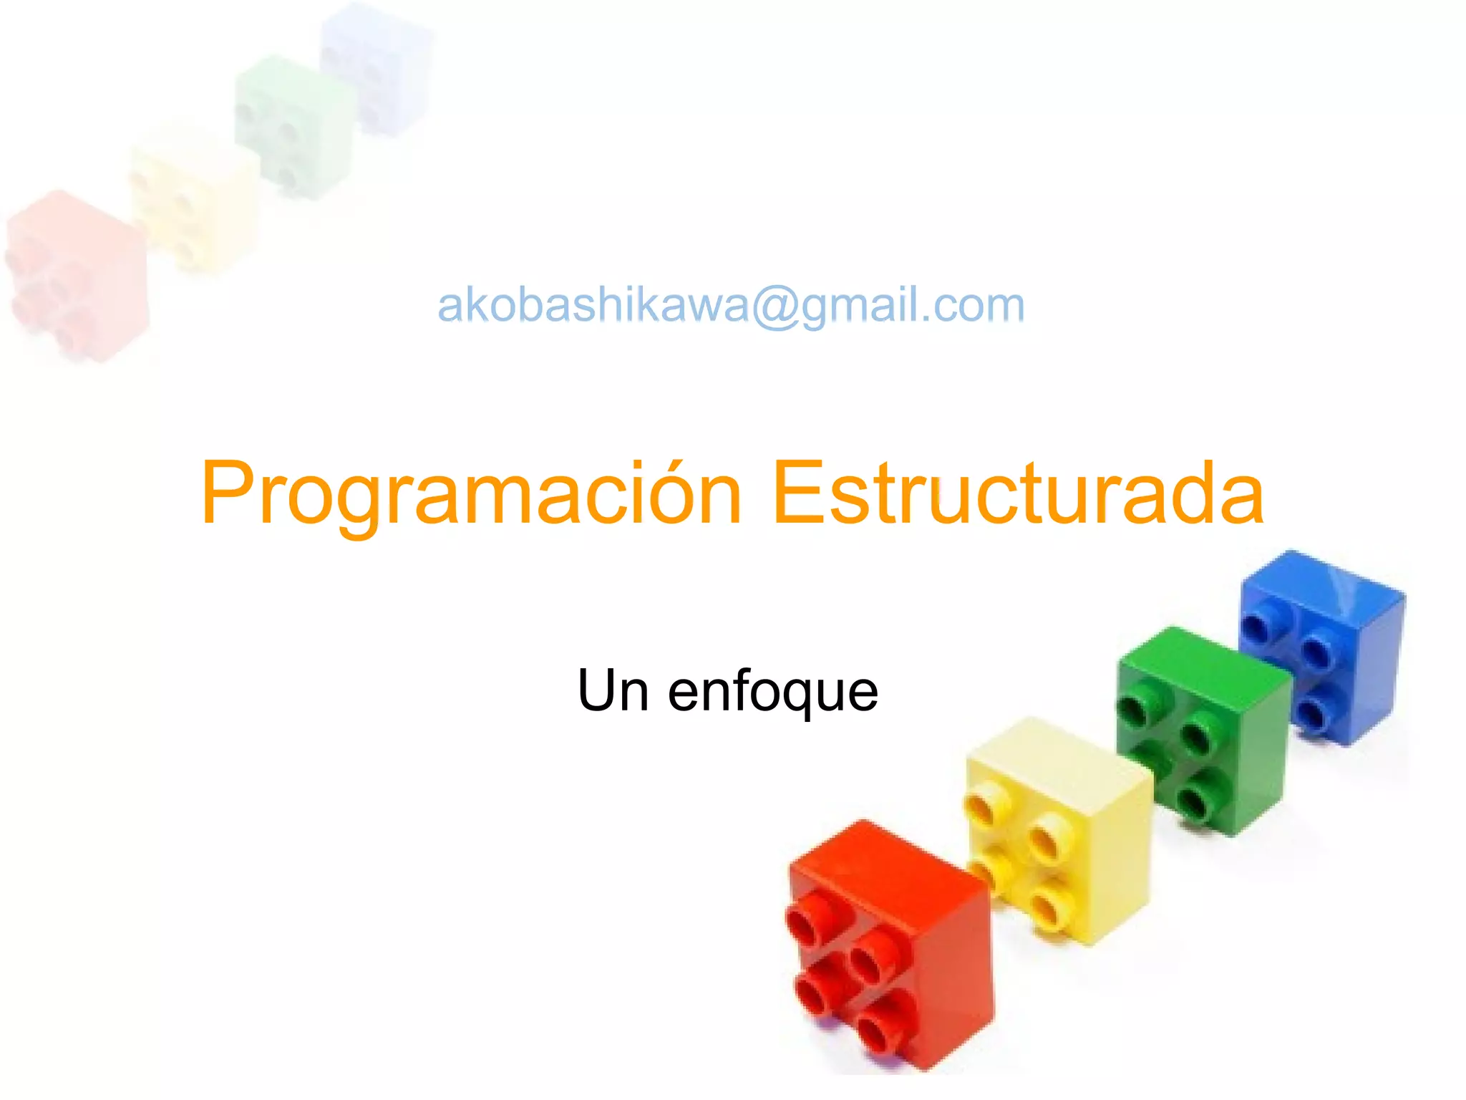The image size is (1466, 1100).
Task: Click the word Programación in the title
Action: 471,494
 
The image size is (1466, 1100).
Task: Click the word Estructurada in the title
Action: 1018,494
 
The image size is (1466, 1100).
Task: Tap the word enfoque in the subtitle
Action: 772,692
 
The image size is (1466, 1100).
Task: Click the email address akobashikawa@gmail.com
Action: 731,305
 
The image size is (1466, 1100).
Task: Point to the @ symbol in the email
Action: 775,307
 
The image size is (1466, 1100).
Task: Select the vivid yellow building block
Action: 1057,831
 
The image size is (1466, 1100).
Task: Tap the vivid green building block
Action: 1203,730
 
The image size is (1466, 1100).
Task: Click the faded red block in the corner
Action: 76,276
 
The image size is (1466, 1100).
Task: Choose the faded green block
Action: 293,125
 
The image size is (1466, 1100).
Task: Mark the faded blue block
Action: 376,68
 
